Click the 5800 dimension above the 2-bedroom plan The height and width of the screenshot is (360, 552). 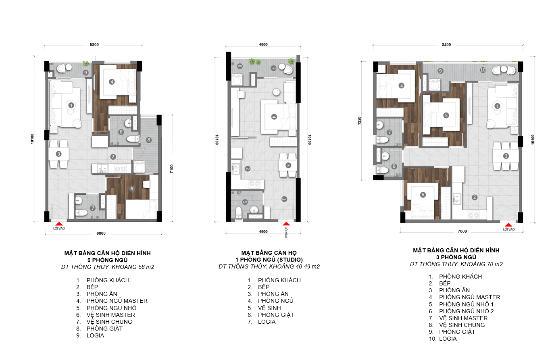click(94, 45)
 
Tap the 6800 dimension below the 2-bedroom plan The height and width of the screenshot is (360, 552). click(101, 233)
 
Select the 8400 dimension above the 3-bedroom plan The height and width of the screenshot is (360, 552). click(446, 45)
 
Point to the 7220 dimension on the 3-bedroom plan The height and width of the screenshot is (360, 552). click(360, 121)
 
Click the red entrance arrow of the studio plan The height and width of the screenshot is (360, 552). click(286, 224)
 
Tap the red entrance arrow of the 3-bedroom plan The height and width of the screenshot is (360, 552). click(508, 225)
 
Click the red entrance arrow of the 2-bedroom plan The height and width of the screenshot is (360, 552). click(59, 224)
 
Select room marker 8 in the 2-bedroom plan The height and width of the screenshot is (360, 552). click(148, 140)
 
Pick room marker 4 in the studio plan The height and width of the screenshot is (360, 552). click(274, 117)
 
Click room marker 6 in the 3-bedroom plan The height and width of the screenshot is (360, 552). click(423, 195)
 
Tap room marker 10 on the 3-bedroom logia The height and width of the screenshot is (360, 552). click(483, 70)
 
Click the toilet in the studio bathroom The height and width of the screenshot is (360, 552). click(239, 212)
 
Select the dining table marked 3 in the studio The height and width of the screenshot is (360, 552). click(287, 165)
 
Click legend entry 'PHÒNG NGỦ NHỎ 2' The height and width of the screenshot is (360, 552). click(466, 311)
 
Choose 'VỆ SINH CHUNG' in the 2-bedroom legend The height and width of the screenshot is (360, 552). click(109, 322)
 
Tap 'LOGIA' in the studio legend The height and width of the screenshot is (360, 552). click(267, 322)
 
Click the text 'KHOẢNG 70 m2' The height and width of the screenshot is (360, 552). click(481, 264)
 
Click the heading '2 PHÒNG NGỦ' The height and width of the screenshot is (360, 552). click(107, 260)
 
